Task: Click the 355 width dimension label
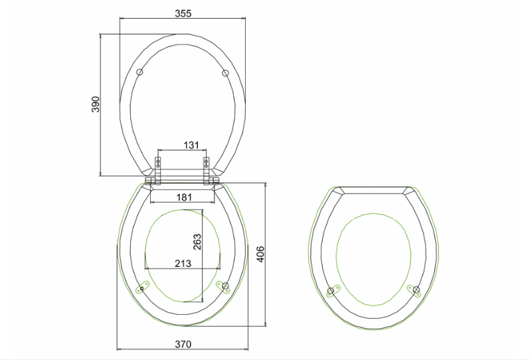click(183, 13)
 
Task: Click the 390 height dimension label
click(96, 104)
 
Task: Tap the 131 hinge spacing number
click(191, 145)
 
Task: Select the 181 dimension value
click(184, 197)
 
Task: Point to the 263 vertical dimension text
click(197, 242)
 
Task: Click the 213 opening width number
click(183, 263)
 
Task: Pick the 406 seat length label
click(260, 254)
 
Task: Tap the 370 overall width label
click(183, 344)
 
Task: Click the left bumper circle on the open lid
click(139, 72)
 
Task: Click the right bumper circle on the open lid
click(225, 73)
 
